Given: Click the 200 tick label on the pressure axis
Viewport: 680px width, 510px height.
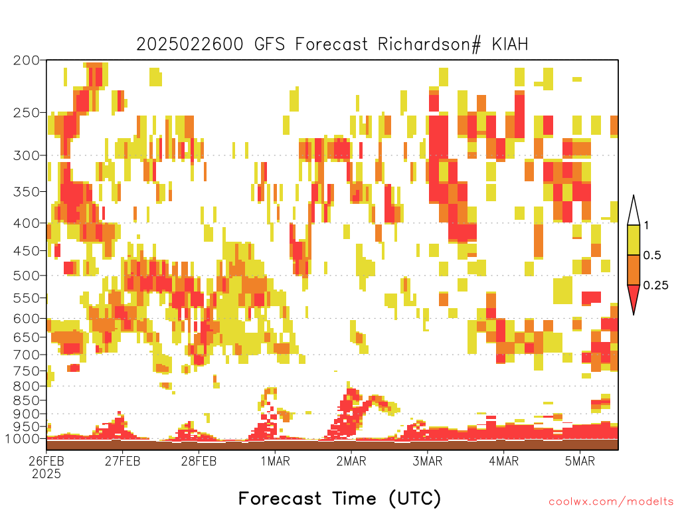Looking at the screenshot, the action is click(x=26, y=60).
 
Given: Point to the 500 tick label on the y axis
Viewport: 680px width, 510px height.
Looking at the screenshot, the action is click(x=26, y=276).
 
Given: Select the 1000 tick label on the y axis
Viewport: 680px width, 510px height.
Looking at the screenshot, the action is click(x=22, y=438).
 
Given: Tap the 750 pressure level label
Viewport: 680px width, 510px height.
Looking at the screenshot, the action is click(x=26, y=371).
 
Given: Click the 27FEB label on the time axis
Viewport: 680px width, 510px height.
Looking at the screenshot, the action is click(x=122, y=461).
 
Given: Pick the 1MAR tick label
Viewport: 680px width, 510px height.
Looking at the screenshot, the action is click(x=275, y=461).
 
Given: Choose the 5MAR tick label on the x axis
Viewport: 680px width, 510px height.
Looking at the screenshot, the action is click(x=580, y=461).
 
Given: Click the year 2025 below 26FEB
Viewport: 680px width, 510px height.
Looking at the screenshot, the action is click(x=46, y=474).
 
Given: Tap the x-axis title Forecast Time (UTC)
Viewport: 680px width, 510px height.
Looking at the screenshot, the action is click(x=339, y=498).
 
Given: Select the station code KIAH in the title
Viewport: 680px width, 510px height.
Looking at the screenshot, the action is click(x=510, y=44).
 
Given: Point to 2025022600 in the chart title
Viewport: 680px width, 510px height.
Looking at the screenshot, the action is click(x=190, y=44).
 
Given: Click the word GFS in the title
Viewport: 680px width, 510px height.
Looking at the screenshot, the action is click(x=270, y=44).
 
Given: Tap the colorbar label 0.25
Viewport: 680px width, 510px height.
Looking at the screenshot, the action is click(x=655, y=286).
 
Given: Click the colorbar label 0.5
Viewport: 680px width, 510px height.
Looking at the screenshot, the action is click(x=652, y=255).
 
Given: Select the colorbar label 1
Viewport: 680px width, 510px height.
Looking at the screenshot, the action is click(x=646, y=225).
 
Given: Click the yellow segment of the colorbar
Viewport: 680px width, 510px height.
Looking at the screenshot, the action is click(x=634, y=240).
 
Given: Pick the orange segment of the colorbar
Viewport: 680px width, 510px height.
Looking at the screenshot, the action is click(x=634, y=270).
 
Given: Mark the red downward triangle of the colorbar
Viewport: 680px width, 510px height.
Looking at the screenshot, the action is click(x=634, y=297).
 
